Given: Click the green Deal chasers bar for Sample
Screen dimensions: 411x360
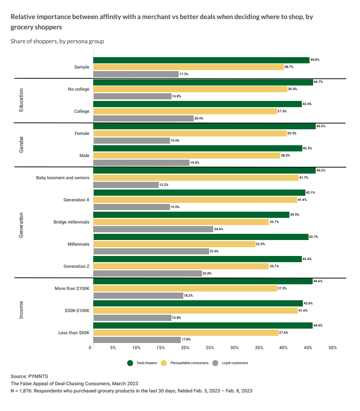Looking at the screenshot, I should click(x=201, y=60).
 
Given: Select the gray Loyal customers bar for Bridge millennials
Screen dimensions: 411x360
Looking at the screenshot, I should click(x=153, y=229).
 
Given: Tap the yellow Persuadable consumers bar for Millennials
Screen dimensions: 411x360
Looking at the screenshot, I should click(x=174, y=244).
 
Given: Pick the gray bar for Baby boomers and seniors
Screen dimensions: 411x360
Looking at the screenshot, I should click(x=125, y=185).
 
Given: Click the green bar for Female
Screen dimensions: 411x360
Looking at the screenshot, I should click(x=204, y=126).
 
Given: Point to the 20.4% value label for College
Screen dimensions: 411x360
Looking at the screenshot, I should click(x=198, y=118).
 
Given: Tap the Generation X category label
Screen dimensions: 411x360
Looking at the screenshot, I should click(x=76, y=200).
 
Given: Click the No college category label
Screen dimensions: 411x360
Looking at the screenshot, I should click(x=78, y=89).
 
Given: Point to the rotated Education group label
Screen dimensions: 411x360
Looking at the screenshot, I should click(x=21, y=100).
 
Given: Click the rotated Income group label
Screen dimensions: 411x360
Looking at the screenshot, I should click(x=21, y=310).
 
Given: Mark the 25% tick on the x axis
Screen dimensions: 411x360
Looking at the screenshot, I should click(x=210, y=348).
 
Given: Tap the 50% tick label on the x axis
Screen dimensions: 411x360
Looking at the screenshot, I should click(x=333, y=348).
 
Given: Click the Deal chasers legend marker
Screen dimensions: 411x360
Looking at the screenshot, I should click(x=130, y=363).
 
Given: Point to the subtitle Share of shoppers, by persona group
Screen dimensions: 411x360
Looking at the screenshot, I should click(x=57, y=41).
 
